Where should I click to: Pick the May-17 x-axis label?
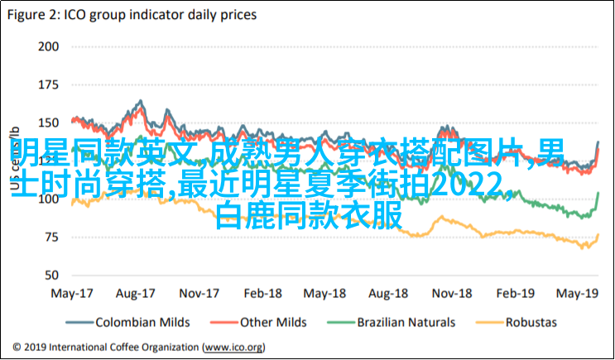[71, 294]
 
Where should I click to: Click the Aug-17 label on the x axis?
[136, 294]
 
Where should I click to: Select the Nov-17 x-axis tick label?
[200, 294]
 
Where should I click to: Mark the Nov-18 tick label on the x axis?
[451, 294]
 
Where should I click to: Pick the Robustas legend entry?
[530, 322]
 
